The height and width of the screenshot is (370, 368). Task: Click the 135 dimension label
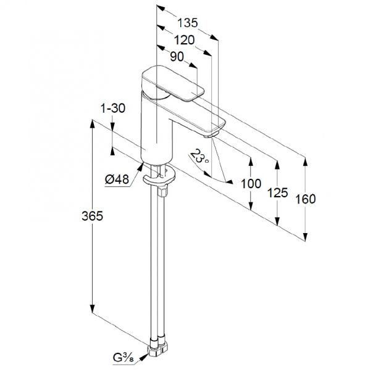tap(187, 23)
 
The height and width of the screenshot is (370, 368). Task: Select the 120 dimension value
tap(184, 40)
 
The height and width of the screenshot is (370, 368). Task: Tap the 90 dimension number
tap(177, 57)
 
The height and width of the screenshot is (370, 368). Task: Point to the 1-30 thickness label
tap(113, 109)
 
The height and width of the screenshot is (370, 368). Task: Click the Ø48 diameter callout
tap(117, 179)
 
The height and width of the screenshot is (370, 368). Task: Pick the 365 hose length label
tap(93, 216)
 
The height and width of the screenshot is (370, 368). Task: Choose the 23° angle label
tap(199, 157)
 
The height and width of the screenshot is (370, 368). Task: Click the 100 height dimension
tap(251, 184)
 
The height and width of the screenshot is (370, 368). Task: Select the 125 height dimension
tap(277, 193)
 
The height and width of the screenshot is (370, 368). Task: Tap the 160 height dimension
tap(306, 199)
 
